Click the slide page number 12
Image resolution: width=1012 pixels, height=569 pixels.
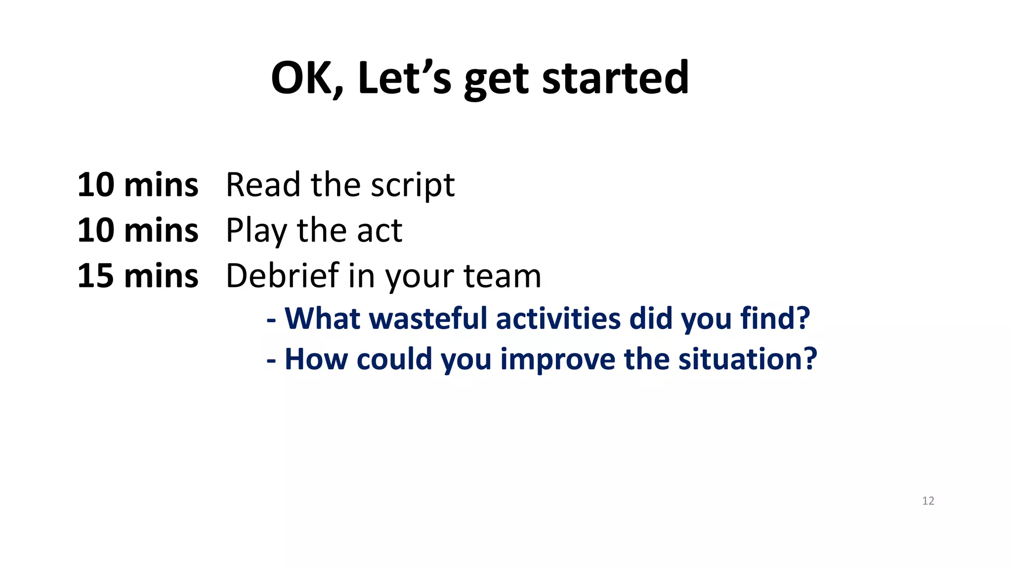[x=928, y=501]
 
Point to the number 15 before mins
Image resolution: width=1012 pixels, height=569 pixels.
[x=95, y=276]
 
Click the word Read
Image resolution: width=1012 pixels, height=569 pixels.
[x=263, y=185]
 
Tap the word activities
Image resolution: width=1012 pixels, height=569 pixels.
[x=558, y=318]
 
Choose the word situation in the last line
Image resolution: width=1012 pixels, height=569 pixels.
[x=747, y=359]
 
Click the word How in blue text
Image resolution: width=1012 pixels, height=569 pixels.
[x=316, y=359]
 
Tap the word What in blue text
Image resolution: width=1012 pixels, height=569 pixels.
[x=322, y=318]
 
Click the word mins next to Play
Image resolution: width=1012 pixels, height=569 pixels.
[x=161, y=231]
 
